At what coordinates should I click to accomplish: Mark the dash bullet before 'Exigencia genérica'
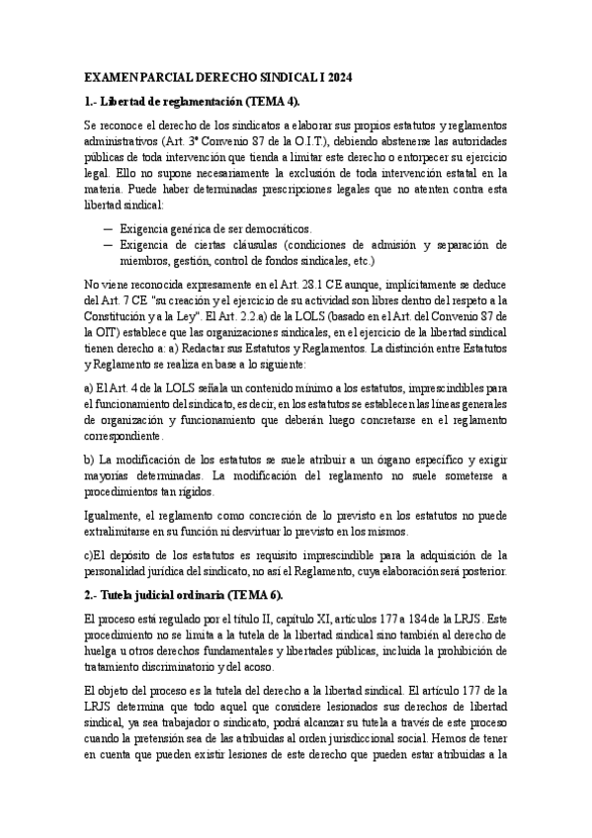click(x=107, y=227)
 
